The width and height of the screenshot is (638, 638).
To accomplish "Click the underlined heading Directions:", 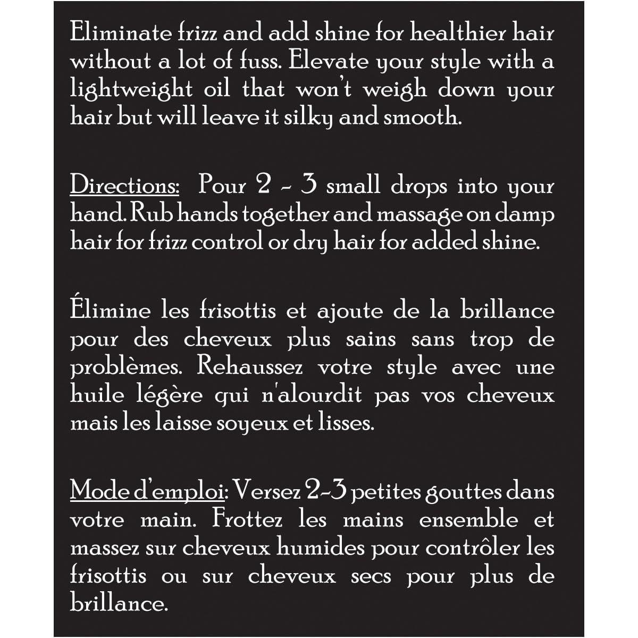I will pyautogui.click(x=125, y=186).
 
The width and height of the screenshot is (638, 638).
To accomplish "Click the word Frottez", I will pyautogui.click(x=247, y=519).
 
